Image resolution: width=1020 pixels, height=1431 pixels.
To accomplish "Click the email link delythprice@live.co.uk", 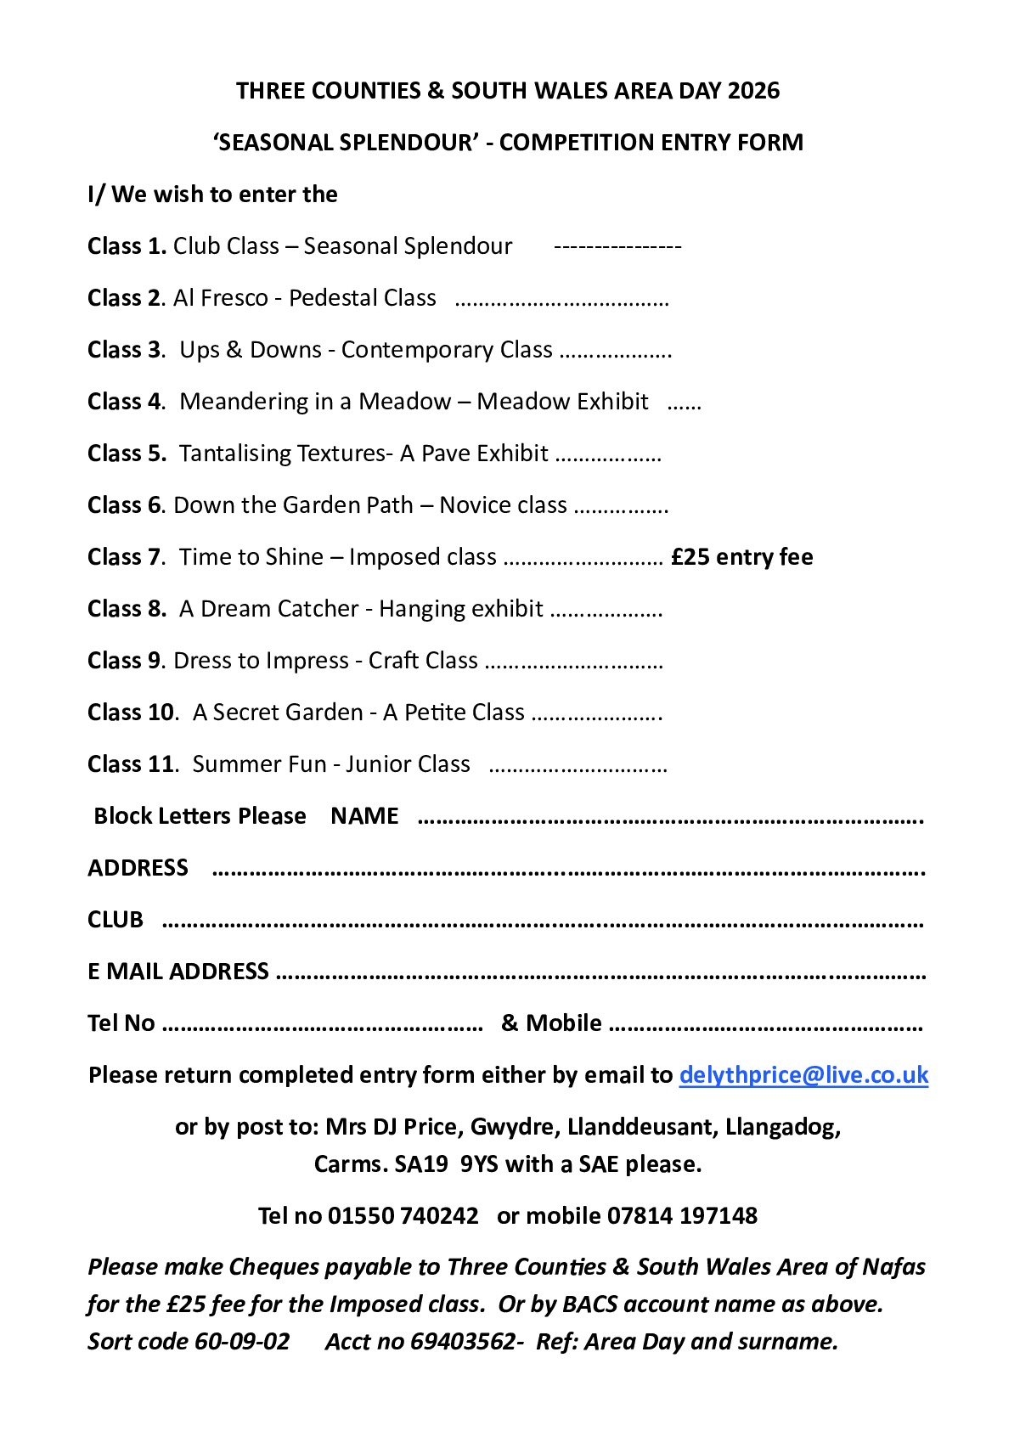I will point(803,1075).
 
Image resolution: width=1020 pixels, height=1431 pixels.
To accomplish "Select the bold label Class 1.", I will point(127,246).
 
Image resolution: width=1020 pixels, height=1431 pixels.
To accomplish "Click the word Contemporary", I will point(447,350).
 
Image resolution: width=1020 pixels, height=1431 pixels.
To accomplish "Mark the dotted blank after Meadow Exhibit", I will point(684,403).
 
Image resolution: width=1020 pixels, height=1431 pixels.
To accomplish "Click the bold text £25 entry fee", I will point(741,557).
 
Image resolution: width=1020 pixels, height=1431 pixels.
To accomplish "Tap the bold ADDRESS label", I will point(138,868).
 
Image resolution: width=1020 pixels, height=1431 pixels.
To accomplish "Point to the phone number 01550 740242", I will point(403,1216).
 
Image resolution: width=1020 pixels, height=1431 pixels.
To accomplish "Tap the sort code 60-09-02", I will point(242,1342).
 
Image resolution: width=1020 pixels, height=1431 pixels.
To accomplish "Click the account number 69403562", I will point(462,1342).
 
